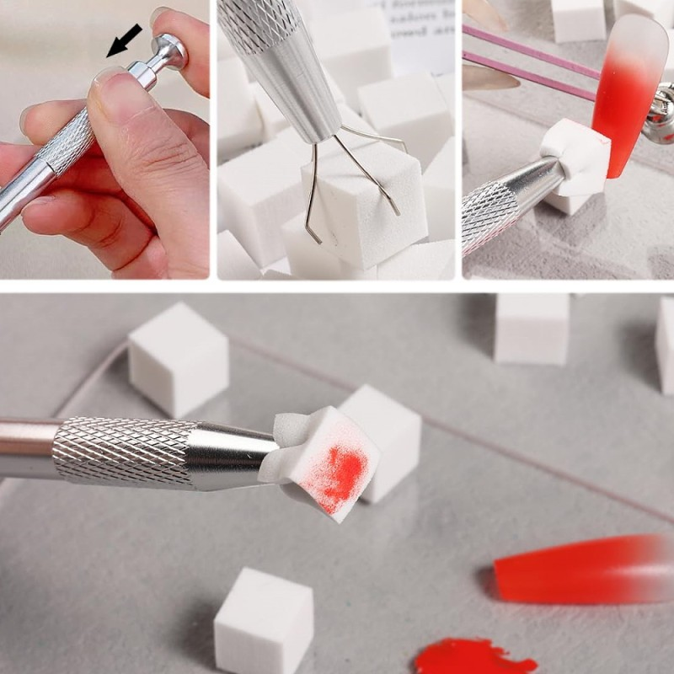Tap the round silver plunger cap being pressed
tap(171, 52)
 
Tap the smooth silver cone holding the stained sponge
tap(232, 455)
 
